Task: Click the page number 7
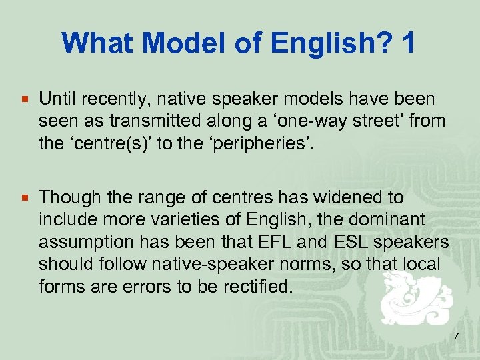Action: [456, 336]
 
